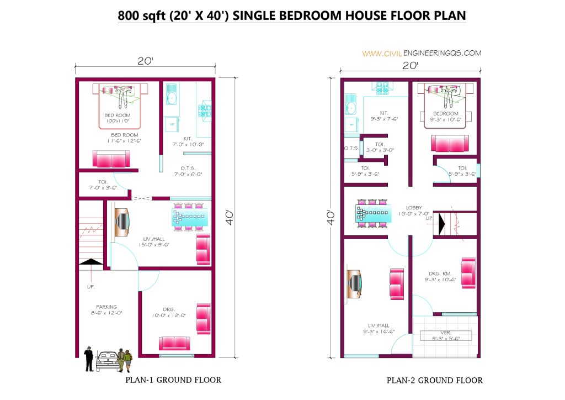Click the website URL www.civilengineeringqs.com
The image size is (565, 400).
coord(422,53)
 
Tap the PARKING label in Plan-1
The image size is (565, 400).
coord(106,307)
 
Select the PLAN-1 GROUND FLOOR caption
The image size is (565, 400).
coord(173,380)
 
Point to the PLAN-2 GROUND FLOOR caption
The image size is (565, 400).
coord(434,380)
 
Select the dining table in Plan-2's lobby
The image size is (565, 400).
coord(375,213)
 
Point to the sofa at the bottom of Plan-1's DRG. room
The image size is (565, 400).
coord(174,343)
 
